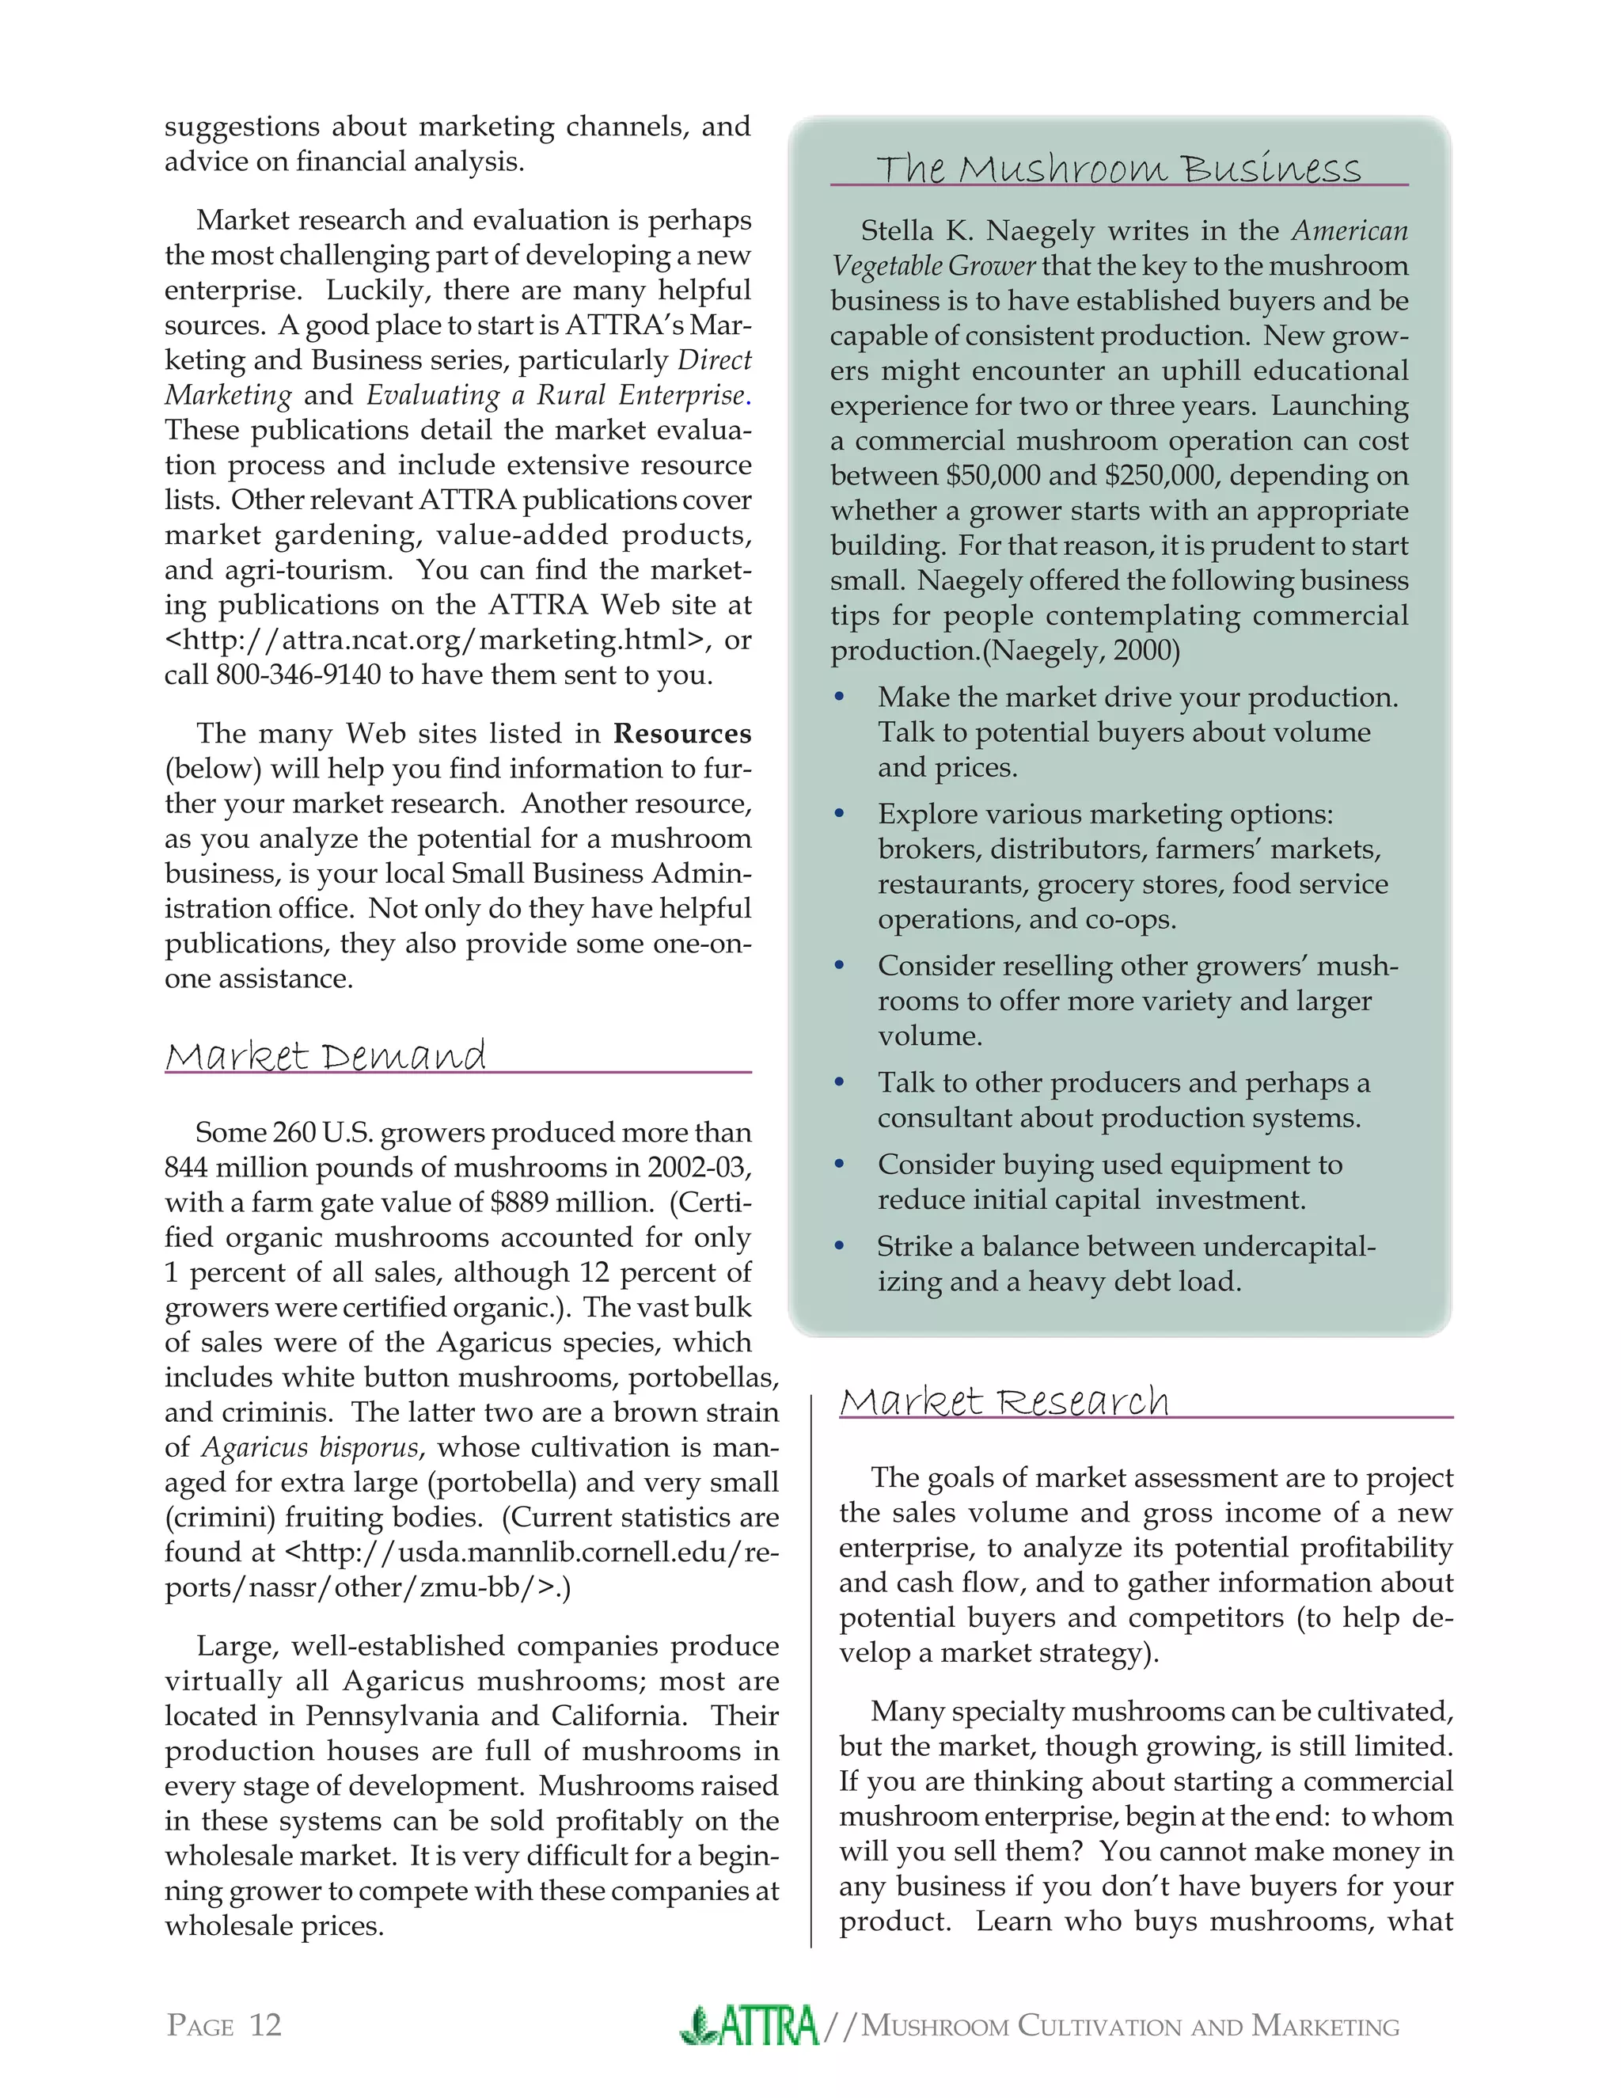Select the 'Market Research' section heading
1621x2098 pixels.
(x=1004, y=1401)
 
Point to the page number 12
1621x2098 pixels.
(x=265, y=2026)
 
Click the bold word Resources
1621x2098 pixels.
(x=681, y=734)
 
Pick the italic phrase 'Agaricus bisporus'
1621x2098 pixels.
(x=309, y=1448)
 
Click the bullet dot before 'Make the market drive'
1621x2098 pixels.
(x=839, y=697)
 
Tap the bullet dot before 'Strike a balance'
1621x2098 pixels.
(x=839, y=1247)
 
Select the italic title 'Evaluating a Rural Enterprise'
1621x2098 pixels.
(x=555, y=396)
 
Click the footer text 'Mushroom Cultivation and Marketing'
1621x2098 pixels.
(x=1129, y=2027)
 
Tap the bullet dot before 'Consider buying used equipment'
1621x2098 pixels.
(x=839, y=1165)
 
